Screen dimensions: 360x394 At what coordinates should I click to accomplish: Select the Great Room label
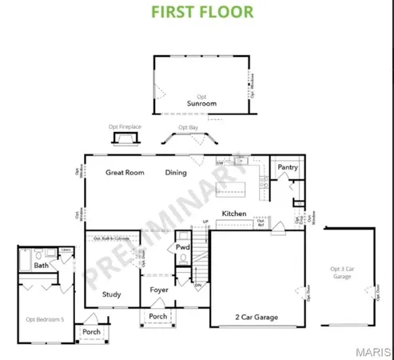[125, 172]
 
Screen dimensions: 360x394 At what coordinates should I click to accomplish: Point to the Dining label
[176, 172]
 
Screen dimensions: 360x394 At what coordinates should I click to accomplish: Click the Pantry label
[288, 168]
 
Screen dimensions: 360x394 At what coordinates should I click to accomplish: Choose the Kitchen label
[234, 214]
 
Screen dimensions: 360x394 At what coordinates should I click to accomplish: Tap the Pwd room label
[182, 249]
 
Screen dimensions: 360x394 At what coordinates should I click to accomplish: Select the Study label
[111, 294]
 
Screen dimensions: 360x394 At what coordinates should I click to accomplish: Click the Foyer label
[160, 291]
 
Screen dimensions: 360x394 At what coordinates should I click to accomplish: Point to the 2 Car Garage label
[257, 318]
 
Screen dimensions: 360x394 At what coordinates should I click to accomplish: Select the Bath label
[42, 265]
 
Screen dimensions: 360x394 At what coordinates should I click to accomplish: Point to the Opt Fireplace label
[125, 126]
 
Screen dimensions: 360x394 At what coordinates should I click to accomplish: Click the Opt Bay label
[189, 126]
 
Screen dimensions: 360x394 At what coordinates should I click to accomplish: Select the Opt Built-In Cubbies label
[112, 238]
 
